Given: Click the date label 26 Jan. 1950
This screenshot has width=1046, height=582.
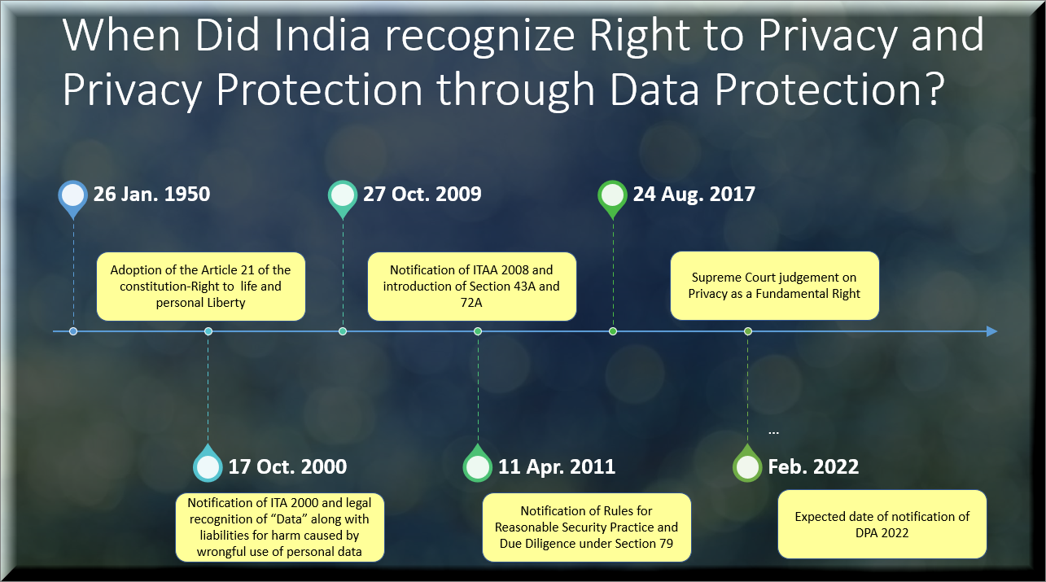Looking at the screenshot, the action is coord(151,195).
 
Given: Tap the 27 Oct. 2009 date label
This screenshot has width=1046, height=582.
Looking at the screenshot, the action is coord(422,195).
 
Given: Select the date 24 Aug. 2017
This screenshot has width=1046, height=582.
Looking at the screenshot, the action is coord(694,195).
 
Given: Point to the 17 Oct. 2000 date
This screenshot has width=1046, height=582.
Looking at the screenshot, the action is coord(287,466).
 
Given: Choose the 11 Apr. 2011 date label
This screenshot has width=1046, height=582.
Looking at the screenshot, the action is coord(557,466).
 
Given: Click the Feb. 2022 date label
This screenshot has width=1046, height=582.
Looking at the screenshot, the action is coord(813,466).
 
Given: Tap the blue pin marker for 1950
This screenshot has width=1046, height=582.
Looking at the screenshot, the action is coord(72,199).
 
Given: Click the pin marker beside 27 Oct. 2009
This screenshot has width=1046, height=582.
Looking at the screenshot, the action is coord(343,199).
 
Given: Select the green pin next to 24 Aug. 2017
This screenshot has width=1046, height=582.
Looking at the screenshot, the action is coord(613,199).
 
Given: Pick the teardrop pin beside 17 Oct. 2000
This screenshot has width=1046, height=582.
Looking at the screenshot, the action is coord(208,463).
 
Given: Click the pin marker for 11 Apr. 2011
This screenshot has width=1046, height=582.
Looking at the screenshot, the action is coord(478,463).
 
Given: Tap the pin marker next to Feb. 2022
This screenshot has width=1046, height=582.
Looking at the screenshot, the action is coord(747,463).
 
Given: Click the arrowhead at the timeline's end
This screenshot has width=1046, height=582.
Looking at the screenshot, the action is coord(991,331).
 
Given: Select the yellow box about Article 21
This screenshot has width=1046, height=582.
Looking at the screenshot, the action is coord(201,287).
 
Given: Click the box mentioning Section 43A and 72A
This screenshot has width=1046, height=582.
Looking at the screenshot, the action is coord(471,287).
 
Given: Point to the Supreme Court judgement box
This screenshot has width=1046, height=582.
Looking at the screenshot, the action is coord(775,286).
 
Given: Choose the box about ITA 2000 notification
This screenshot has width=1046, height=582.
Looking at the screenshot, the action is coord(280,527).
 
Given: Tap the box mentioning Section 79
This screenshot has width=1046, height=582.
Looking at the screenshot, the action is coord(587,527).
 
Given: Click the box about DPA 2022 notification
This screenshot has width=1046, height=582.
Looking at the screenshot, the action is coord(882,524).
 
